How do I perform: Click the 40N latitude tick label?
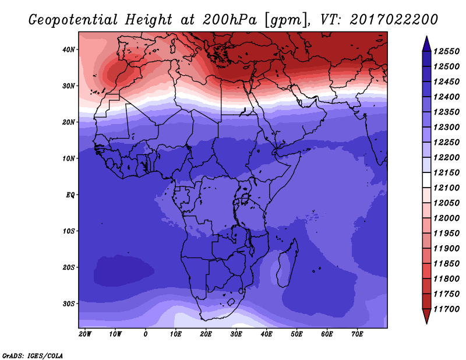(69, 50)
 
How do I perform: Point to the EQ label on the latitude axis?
(70, 195)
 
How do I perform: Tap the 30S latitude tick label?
(69, 304)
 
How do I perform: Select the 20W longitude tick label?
(85, 334)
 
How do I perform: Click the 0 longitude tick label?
(145, 334)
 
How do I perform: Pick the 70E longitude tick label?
(357, 334)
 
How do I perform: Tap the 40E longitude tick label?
(266, 334)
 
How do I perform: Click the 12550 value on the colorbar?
(446, 51)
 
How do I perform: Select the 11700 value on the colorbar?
(446, 309)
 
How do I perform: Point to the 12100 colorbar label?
(446, 188)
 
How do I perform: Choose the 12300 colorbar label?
(446, 127)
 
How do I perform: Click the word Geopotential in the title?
(73, 20)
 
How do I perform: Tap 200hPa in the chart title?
(230, 20)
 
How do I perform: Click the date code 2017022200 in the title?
(394, 20)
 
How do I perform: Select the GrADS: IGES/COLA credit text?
(33, 355)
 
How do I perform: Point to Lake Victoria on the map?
(245, 198)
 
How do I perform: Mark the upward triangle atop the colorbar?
(426, 44)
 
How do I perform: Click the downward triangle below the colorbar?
(426, 316)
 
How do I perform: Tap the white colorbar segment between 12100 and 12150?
(426, 180)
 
